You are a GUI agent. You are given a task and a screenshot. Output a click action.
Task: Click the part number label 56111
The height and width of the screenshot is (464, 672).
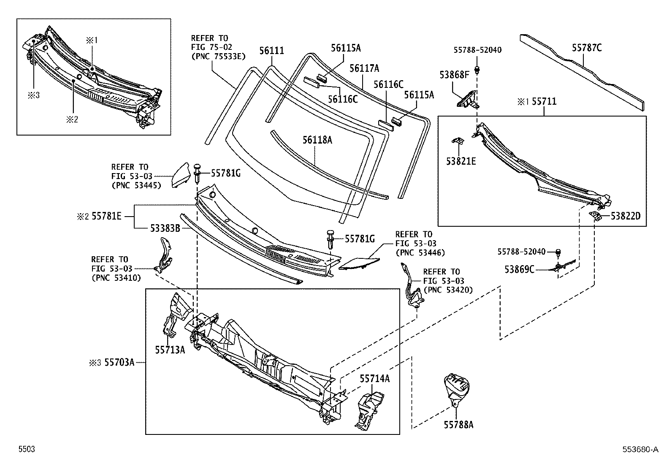tap(271, 51)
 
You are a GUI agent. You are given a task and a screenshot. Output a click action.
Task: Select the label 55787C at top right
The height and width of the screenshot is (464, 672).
tap(587, 48)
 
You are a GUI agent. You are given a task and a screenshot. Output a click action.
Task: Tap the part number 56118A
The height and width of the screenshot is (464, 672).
tap(317, 140)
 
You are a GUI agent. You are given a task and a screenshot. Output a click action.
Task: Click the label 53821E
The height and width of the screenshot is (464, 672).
tap(461, 161)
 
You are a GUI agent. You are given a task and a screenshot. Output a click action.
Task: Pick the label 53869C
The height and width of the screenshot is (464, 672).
tap(520, 269)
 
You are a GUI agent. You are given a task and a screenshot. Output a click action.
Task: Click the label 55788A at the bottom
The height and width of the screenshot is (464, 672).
tap(458, 425)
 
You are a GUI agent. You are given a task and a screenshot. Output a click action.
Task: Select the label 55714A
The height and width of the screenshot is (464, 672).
tap(374, 379)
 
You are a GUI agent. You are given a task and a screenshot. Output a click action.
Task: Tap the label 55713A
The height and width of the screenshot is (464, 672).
tap(170, 350)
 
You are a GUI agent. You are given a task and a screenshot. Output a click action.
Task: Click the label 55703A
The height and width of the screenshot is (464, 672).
tap(119, 362)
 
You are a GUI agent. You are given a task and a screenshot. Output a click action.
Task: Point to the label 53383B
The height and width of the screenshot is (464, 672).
tap(165, 228)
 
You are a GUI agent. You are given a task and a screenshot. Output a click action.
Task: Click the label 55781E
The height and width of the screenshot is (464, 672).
tap(107, 216)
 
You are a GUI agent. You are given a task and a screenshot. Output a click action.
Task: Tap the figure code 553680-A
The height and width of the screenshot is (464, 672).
tap(639, 450)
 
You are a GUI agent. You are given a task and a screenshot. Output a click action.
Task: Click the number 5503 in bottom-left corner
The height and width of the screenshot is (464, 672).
tap(26, 450)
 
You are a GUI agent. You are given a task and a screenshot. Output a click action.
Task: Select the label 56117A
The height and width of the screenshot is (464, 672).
tap(364, 68)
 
